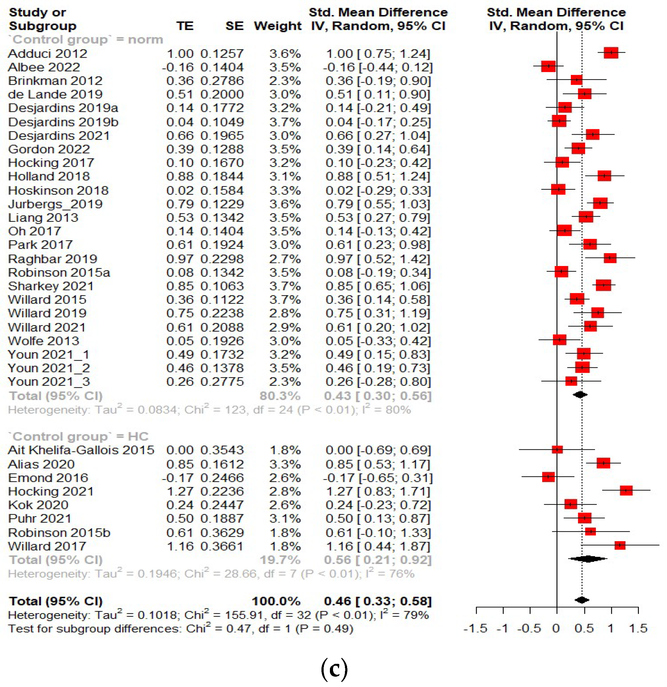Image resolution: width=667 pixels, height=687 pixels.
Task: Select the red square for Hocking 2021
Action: tap(626, 490)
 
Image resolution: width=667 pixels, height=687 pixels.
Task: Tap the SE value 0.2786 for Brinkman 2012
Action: tap(222, 81)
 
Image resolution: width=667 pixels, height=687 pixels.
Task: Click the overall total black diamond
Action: tap(582, 600)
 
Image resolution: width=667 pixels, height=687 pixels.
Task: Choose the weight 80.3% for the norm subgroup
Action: tap(280, 396)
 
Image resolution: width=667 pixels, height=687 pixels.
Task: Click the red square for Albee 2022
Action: tap(548, 66)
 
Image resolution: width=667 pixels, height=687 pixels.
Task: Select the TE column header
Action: tap(185, 26)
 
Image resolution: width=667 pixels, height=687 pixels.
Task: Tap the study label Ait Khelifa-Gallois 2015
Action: tap(81, 450)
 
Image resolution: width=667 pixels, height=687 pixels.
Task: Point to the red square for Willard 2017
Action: tap(620, 545)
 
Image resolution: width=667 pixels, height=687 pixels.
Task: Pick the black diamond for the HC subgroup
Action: tap(588, 559)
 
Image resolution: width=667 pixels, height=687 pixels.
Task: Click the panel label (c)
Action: tap(334, 669)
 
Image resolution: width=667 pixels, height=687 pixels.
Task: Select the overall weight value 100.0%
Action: tap(276, 601)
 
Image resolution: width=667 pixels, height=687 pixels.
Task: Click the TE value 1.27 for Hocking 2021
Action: tap(180, 491)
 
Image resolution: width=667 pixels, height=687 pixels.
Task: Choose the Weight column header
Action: tap(278, 26)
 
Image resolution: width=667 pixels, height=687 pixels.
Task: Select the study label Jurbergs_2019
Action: tap(55, 204)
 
